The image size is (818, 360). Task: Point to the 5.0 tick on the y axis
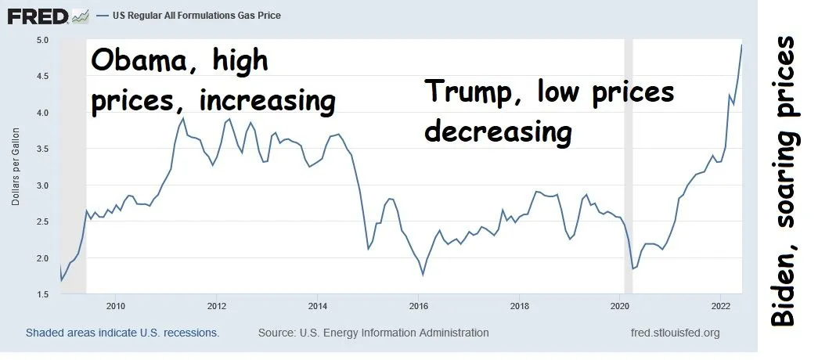click(x=42, y=40)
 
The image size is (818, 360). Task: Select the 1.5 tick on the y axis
click(x=42, y=294)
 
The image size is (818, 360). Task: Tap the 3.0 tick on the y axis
click(x=42, y=185)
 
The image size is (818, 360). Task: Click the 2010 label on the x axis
click(x=116, y=305)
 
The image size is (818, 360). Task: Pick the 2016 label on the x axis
click(x=419, y=305)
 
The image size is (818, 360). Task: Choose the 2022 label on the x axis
click(x=721, y=305)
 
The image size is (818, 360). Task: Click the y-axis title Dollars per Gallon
click(x=16, y=167)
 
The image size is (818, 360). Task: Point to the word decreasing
click(x=498, y=131)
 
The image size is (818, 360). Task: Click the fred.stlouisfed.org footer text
click(x=675, y=333)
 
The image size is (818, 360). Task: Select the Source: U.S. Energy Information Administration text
click(x=373, y=333)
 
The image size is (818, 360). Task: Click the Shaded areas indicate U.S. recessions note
click(x=122, y=333)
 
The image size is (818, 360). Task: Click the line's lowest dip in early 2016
click(x=423, y=274)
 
